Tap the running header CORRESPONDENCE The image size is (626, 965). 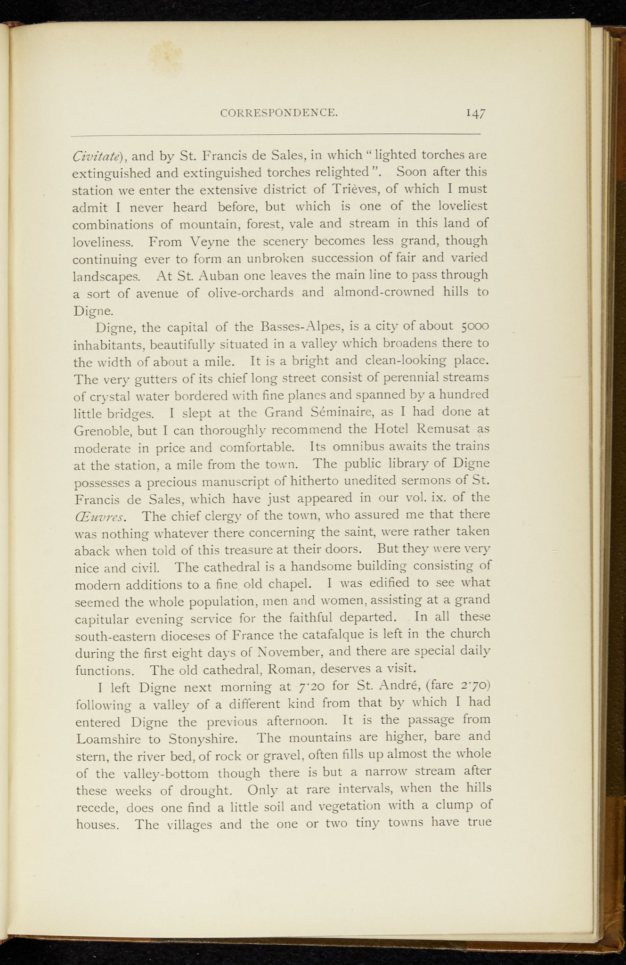pos(279,113)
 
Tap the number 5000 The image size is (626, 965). pos(475,326)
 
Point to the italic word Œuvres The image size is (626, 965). pos(100,516)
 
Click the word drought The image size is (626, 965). pos(212,791)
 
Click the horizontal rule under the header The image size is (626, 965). pos(275,135)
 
